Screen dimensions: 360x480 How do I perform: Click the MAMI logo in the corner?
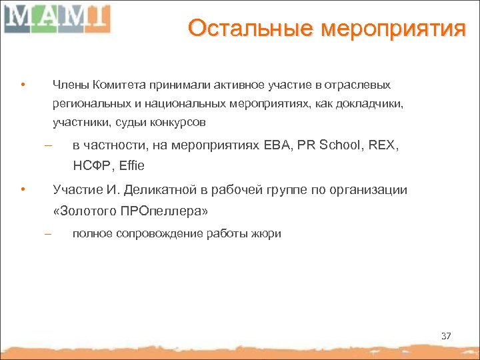point(56,18)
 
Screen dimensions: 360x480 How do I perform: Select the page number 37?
point(446,336)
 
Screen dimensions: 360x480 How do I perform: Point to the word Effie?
point(131,165)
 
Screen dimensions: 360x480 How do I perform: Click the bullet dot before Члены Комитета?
point(22,85)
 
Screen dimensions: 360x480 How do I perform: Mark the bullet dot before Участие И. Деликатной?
point(22,189)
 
